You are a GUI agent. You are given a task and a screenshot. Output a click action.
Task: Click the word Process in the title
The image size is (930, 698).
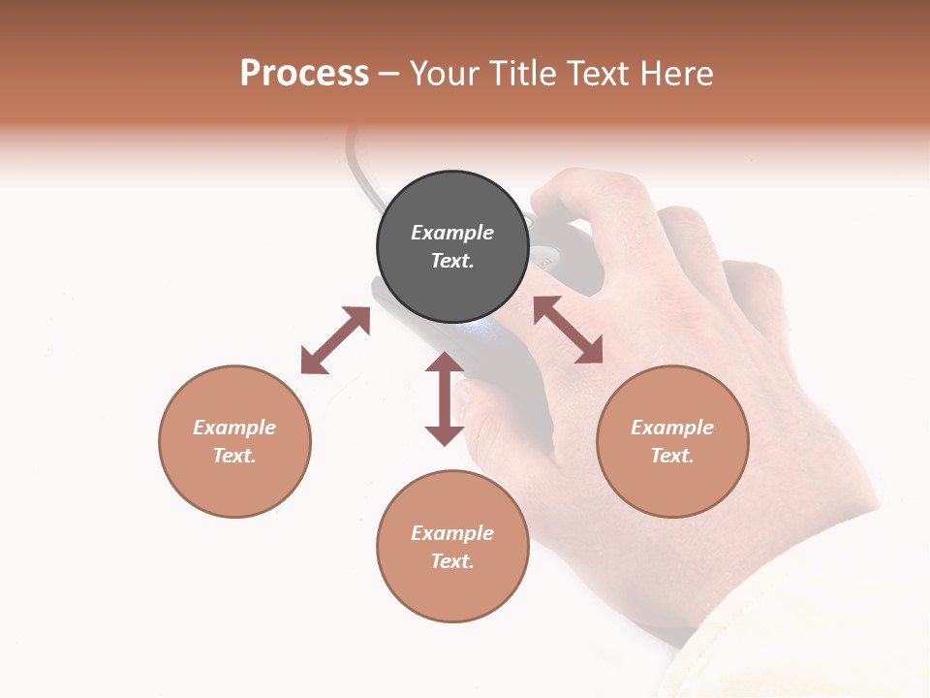pyautogui.click(x=304, y=74)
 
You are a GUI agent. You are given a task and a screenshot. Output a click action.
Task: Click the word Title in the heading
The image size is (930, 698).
pyautogui.click(x=523, y=74)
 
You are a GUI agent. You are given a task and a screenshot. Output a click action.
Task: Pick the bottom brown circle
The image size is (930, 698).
pyautogui.click(x=452, y=591)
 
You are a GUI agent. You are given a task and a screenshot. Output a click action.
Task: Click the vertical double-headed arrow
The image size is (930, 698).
pyautogui.click(x=445, y=398)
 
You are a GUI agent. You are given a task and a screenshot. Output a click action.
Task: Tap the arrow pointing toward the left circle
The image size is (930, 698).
pyautogui.click(x=335, y=340)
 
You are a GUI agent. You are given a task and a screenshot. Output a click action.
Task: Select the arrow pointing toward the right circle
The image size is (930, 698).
pyautogui.click(x=568, y=330)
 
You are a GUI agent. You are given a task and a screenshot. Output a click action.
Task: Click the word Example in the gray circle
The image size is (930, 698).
pyautogui.click(x=452, y=233)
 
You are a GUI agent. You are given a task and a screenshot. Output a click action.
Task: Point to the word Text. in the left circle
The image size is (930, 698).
pyautogui.click(x=234, y=456)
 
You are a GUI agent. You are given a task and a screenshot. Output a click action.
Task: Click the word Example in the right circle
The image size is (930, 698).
pyautogui.click(x=672, y=428)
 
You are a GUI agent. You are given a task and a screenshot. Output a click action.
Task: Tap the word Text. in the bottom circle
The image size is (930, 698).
pyautogui.click(x=452, y=561)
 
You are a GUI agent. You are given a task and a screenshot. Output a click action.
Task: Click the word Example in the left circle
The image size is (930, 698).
pyautogui.click(x=234, y=428)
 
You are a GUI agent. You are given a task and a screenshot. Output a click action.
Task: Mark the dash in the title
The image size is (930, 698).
pyautogui.click(x=389, y=75)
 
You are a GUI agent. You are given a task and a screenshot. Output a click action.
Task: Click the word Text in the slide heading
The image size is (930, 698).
pyautogui.click(x=597, y=74)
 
